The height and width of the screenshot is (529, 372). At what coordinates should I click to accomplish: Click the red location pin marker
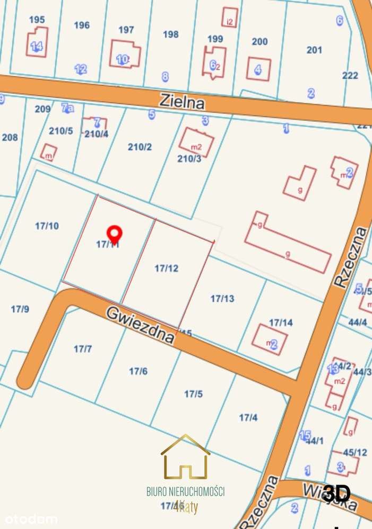pyautogui.click(x=114, y=234)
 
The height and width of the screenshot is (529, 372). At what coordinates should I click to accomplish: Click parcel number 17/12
pyautogui.click(x=166, y=268)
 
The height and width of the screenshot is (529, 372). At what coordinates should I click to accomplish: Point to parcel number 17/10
pyautogui.click(x=47, y=226)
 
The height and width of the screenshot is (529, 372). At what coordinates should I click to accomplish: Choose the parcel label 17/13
pyautogui.click(x=222, y=299)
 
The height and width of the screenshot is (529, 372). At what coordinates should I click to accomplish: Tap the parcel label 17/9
pyautogui.click(x=20, y=309)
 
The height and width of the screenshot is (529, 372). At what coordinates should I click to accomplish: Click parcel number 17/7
pyautogui.click(x=83, y=349)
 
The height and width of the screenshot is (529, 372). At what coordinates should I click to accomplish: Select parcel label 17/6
pyautogui.click(x=138, y=371)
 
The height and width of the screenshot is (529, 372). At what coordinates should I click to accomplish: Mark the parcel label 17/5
pyautogui.click(x=194, y=393)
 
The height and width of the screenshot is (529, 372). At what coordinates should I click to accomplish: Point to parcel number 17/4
pyautogui.click(x=248, y=418)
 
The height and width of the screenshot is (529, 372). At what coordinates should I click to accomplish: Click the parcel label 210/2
pyautogui.click(x=140, y=147)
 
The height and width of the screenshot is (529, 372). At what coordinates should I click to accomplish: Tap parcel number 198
pyautogui.click(x=170, y=34)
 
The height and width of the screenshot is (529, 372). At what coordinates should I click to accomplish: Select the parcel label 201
pyautogui.click(x=314, y=50)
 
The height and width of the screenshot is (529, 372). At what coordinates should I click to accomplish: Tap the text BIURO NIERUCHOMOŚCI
pyautogui.click(x=185, y=492)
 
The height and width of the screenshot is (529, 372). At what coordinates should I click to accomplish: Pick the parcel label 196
pyautogui.click(x=82, y=25)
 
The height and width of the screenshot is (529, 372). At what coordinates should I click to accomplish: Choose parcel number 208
pyautogui.click(x=10, y=138)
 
